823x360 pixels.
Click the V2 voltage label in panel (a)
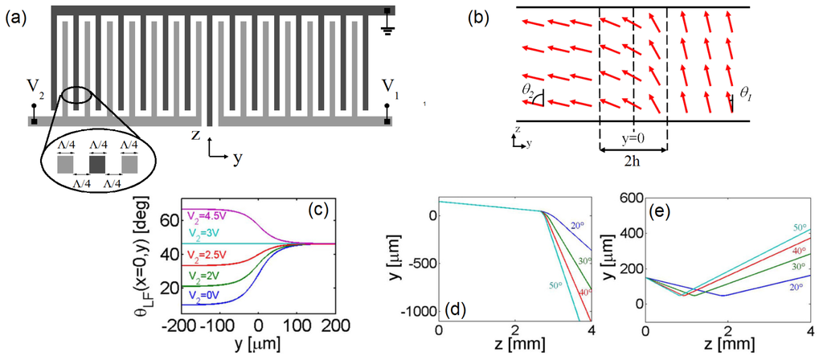click(x=33, y=84)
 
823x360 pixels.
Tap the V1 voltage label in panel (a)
click(x=388, y=84)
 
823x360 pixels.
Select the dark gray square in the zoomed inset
click(x=97, y=165)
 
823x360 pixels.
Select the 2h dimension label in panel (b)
click(x=633, y=162)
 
